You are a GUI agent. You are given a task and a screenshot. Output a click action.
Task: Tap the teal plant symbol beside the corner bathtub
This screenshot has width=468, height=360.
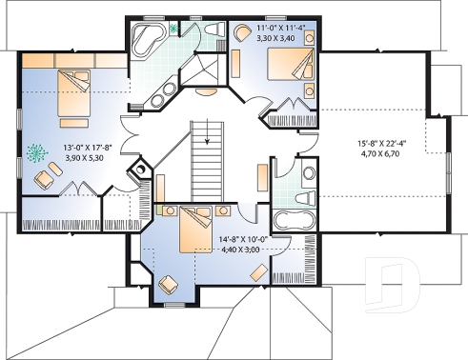pos(174,29)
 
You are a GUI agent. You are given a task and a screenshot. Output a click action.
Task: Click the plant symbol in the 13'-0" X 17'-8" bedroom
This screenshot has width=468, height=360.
pos(38,151)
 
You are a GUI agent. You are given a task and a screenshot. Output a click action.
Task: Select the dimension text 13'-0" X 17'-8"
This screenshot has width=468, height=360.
pos(90,148)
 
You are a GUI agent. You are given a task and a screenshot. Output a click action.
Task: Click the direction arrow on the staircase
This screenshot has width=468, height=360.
pos(203,133)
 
